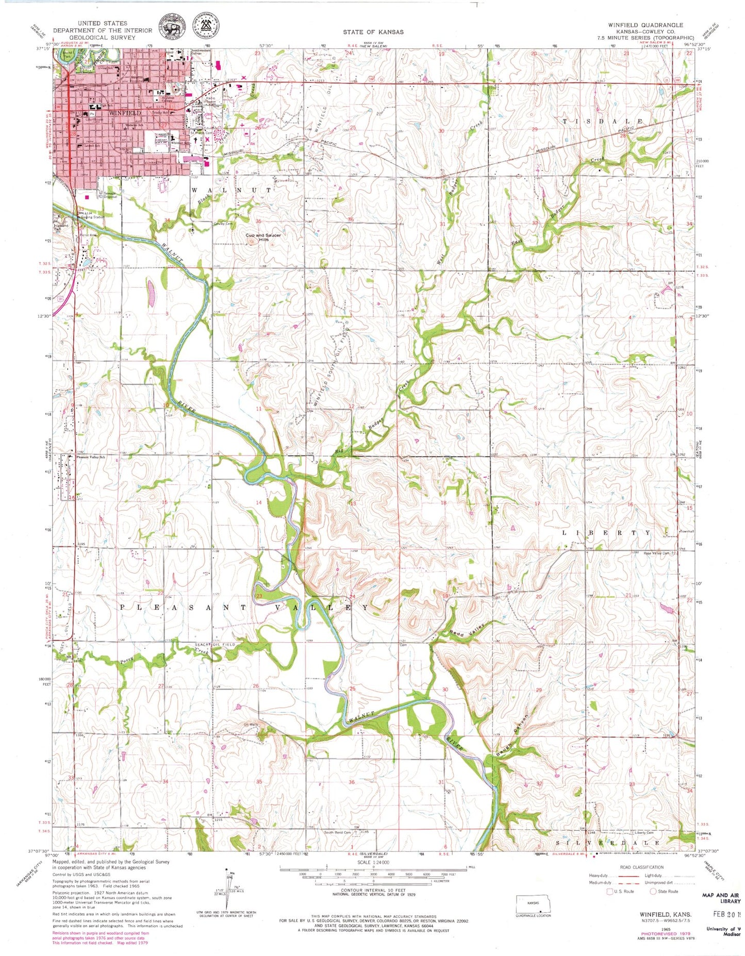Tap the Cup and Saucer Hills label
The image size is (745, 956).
[x=263, y=237]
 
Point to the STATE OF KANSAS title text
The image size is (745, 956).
[x=373, y=32]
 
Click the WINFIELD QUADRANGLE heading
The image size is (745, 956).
[x=652, y=25]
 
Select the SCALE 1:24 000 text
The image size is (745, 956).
[x=373, y=862]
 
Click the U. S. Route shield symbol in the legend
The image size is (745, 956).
[x=610, y=891]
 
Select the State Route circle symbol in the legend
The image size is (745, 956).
[x=653, y=891]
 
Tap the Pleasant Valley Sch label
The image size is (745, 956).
[x=91, y=457]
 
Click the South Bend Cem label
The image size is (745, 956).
[x=337, y=832]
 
